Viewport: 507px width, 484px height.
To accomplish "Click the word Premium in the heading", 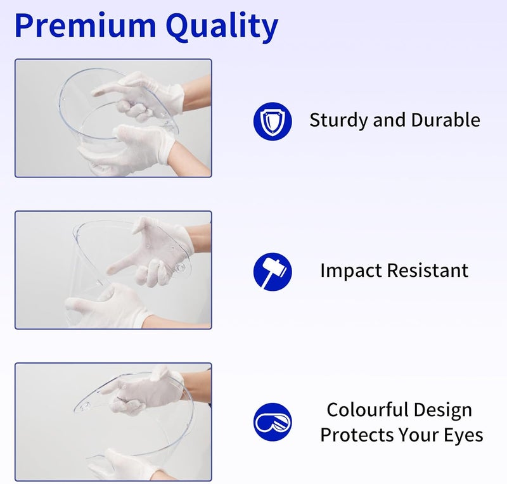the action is pyautogui.click(x=86, y=25).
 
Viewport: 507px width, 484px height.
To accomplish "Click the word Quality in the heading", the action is pyautogui.click(x=222, y=27).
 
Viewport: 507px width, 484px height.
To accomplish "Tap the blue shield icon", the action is pyautogui.click(x=273, y=121).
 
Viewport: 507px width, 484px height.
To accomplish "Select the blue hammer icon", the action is pyautogui.click(x=273, y=272).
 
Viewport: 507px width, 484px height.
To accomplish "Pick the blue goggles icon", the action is pyautogui.click(x=273, y=422).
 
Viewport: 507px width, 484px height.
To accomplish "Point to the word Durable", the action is pyautogui.click(x=446, y=120).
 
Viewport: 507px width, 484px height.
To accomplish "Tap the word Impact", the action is pyautogui.click(x=351, y=271).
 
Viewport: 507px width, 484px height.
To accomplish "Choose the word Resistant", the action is pyautogui.click(x=427, y=271).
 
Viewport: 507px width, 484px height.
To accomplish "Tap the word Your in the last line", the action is pyautogui.click(x=418, y=435).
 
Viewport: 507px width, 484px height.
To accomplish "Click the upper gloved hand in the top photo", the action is pyautogui.click(x=139, y=96).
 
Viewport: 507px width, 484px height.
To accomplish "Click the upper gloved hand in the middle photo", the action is pyautogui.click(x=152, y=251).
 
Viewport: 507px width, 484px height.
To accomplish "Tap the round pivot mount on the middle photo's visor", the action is pyautogui.click(x=179, y=268).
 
